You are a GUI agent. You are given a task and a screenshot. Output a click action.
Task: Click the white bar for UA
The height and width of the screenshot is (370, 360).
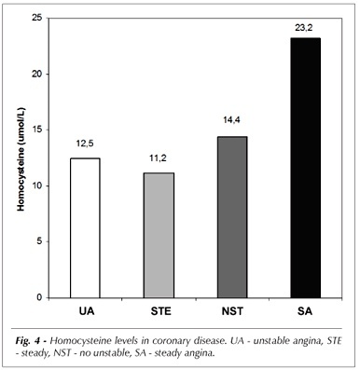click(85, 228)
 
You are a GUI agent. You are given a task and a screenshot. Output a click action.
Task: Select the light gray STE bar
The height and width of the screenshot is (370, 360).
click(159, 236)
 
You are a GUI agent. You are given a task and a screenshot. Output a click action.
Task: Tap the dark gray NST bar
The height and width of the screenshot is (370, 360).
click(232, 217)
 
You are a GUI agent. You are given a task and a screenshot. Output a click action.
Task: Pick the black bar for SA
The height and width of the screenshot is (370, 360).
click(306, 168)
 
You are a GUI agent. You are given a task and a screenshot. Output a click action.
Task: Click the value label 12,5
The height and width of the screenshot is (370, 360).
click(85, 144)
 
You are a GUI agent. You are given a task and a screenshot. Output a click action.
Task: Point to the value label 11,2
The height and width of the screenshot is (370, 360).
click(159, 158)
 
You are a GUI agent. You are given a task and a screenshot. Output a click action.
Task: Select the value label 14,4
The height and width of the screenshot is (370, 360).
click(232, 120)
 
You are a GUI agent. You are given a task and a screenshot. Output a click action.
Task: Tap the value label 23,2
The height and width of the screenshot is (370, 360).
click(304, 28)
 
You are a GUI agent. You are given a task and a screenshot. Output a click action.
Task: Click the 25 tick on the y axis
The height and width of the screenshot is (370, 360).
click(36, 19)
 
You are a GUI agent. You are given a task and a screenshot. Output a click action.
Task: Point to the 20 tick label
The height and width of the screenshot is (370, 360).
click(36, 75)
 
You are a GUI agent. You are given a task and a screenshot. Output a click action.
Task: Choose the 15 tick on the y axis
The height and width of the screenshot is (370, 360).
click(36, 130)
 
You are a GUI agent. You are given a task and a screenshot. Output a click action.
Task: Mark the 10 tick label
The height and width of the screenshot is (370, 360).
click(36, 185)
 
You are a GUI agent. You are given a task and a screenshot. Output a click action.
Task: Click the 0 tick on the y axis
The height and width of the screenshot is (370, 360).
click(39, 297)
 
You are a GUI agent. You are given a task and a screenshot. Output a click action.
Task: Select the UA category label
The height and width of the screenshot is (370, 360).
click(87, 311)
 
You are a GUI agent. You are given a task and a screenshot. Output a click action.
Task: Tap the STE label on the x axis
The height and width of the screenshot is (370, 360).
click(160, 311)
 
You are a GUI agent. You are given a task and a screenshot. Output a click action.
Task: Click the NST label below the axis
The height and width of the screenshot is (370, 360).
click(232, 311)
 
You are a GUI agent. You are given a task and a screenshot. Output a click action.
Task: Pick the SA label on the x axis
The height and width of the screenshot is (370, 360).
click(305, 311)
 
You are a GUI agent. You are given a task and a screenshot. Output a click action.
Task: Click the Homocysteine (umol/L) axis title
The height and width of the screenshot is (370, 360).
click(21, 159)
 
